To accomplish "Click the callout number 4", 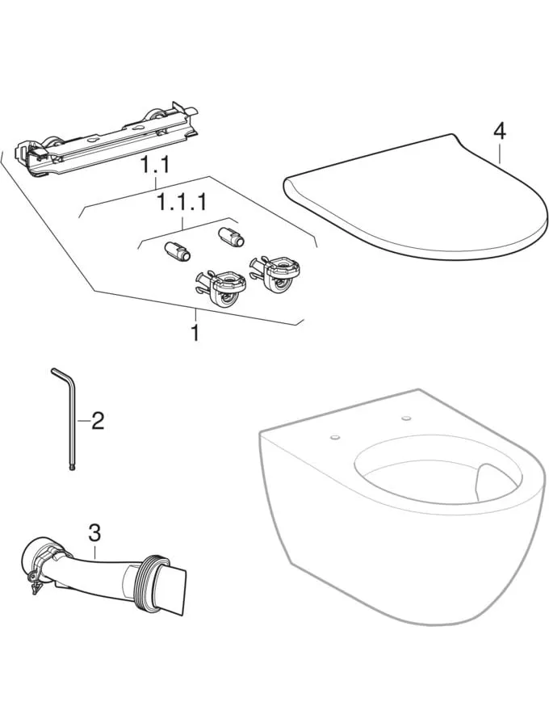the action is click(x=499, y=132).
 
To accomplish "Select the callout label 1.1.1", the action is click(x=182, y=203).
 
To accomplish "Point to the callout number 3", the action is click(x=95, y=533).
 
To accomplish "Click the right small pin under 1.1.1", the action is click(x=231, y=236).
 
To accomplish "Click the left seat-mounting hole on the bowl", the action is click(x=334, y=437).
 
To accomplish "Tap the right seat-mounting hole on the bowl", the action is click(x=407, y=418).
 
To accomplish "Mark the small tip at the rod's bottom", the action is click(x=72, y=469).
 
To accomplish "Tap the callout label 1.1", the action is click(x=155, y=165).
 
